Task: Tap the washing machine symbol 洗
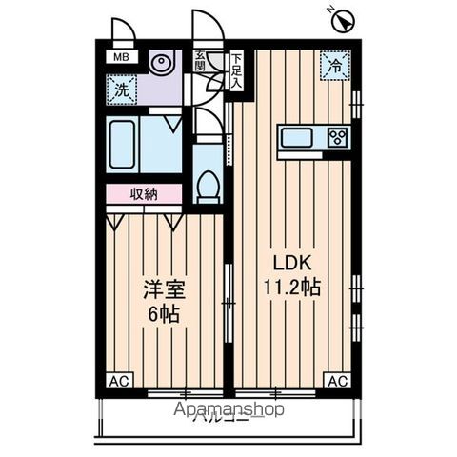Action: pos(122,90)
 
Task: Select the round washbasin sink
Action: pos(161,66)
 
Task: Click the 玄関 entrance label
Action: pos(201,63)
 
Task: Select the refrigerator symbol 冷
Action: pos(334,66)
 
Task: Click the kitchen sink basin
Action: pos(296,137)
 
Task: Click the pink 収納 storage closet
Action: pos(143,194)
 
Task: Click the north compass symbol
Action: pos(342,17)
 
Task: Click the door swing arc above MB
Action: pos(122,30)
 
